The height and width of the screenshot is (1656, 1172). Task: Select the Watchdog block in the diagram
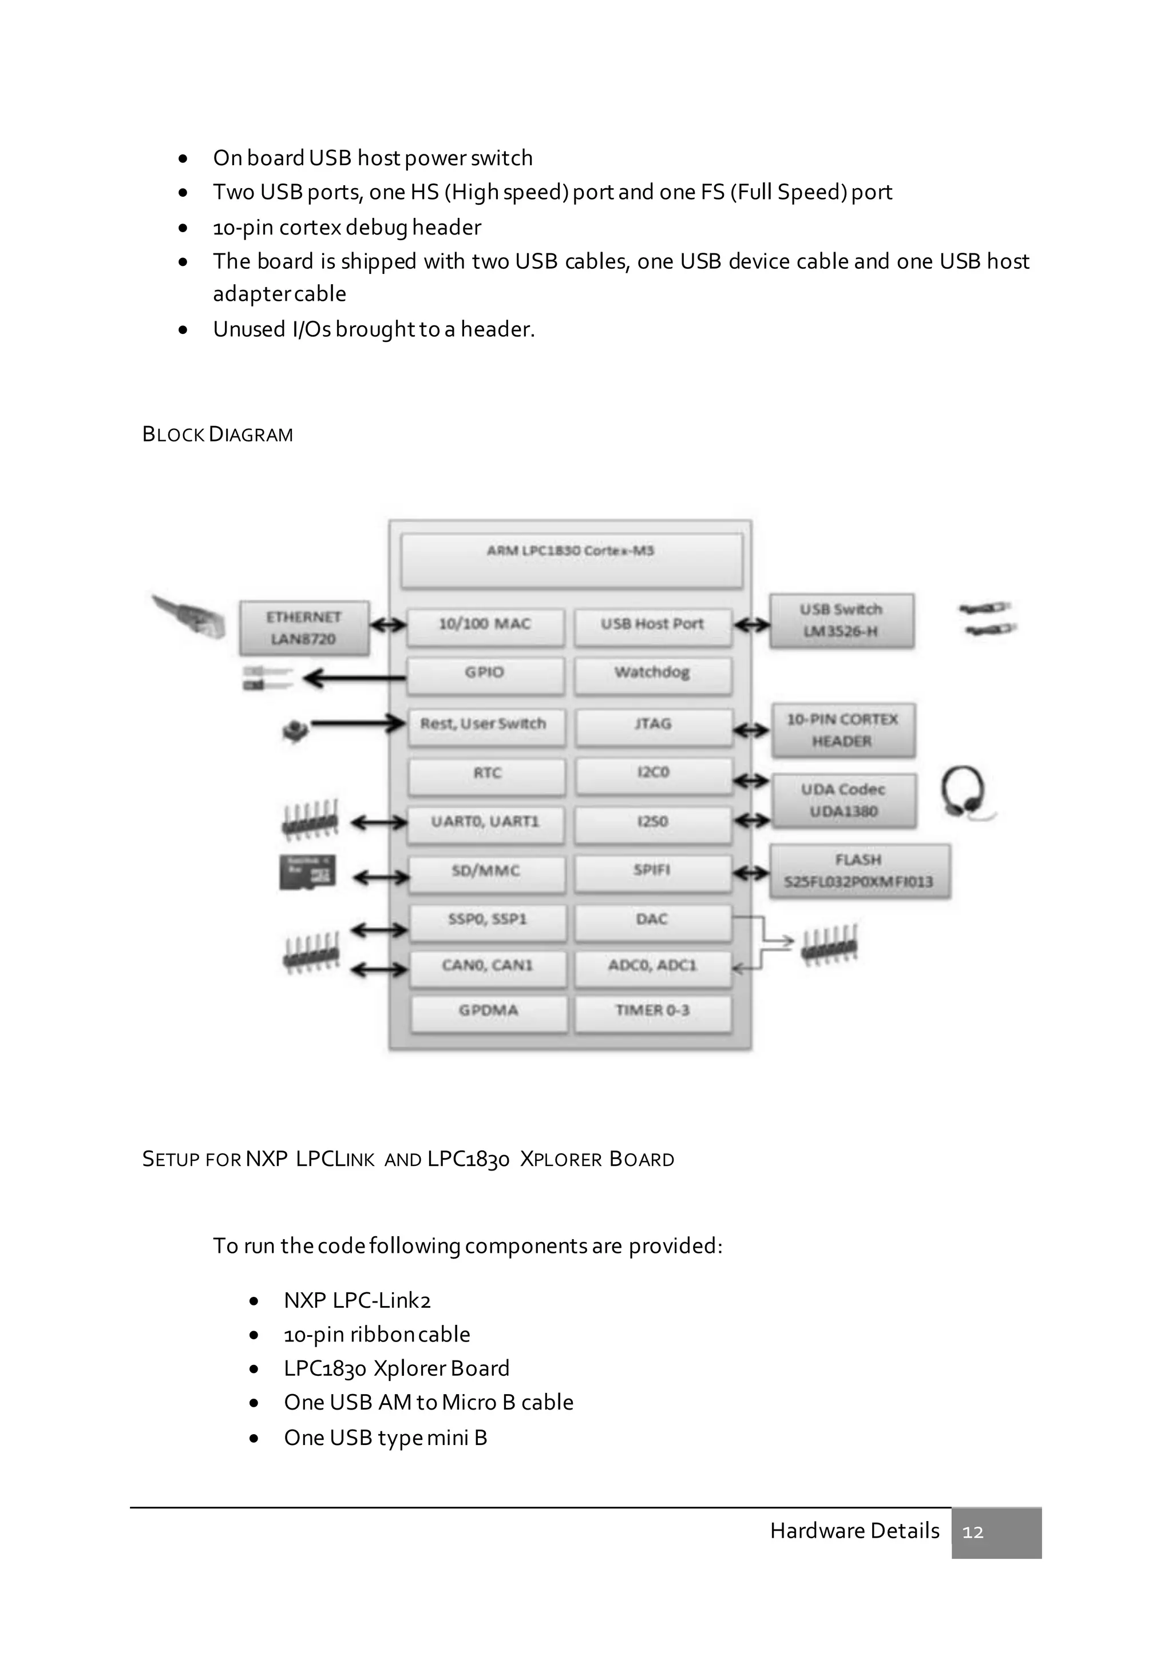[652, 674]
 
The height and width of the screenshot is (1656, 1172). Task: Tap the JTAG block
[653, 725]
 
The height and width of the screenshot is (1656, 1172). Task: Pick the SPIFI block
[652, 871]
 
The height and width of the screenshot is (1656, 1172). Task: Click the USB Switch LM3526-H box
[841, 621]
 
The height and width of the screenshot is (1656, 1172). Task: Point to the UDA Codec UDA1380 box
[843, 801]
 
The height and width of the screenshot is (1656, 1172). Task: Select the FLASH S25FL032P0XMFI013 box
[859, 871]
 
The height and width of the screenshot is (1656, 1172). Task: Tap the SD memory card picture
[307, 873]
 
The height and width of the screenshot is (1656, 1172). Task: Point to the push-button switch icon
[295, 731]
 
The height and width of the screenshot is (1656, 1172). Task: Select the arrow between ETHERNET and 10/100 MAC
[388, 624]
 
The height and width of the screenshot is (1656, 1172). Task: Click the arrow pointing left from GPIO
[354, 678]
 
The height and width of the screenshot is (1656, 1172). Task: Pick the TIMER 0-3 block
[652, 1011]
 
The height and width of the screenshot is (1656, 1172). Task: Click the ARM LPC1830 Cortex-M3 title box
[571, 560]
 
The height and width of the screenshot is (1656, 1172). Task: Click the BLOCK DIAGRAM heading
[217, 435]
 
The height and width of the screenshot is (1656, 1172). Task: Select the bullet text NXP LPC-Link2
[357, 1300]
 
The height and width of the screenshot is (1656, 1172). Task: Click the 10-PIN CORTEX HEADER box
[843, 731]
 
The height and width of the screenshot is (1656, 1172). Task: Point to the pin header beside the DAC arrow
[830, 944]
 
